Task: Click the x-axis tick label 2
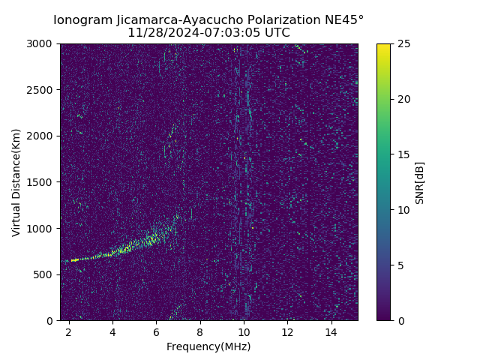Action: (x=69, y=331)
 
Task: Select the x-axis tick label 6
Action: (x=156, y=331)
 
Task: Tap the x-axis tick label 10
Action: (x=244, y=331)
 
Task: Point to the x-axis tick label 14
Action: (x=331, y=331)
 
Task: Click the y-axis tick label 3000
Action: (x=42, y=43)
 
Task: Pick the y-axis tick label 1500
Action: (x=42, y=182)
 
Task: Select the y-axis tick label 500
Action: (x=45, y=274)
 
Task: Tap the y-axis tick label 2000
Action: (x=42, y=136)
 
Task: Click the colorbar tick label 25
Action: (x=403, y=43)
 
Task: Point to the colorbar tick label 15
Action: (x=403, y=154)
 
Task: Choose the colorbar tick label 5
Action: (x=400, y=265)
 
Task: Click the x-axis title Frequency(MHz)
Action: (x=208, y=346)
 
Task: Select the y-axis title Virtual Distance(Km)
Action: (x=16, y=182)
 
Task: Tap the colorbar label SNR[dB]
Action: (x=420, y=182)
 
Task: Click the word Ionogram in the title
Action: (x=82, y=19)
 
